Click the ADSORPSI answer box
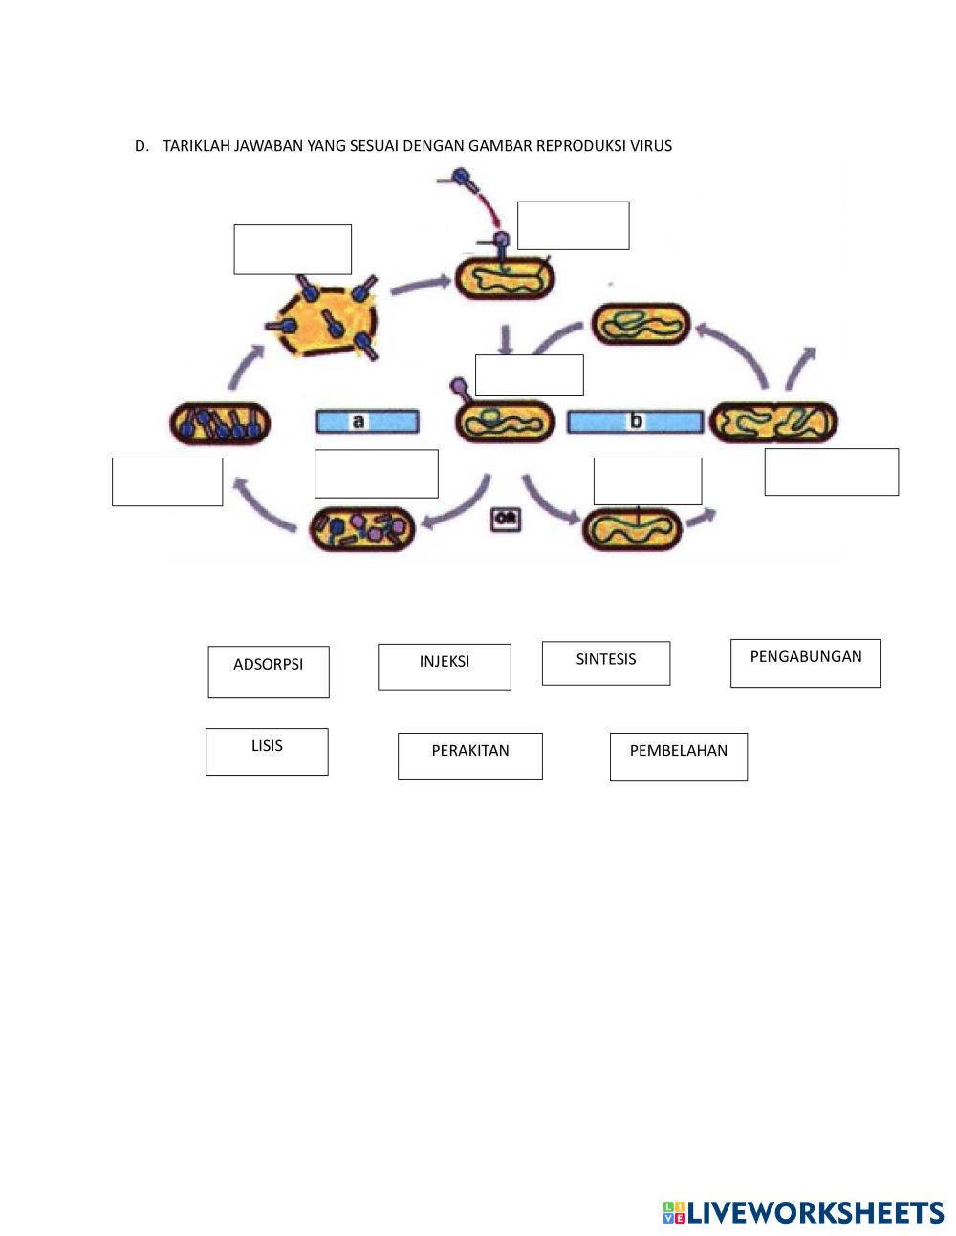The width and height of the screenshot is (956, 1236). click(x=269, y=671)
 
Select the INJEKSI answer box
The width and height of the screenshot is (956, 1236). click(x=445, y=667)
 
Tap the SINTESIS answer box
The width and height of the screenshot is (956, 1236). click(x=606, y=663)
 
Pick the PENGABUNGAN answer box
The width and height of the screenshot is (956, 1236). click(x=805, y=663)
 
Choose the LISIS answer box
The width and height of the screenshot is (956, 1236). click(x=267, y=752)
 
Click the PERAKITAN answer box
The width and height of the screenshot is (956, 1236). click(x=470, y=757)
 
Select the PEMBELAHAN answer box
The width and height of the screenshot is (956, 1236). click(x=679, y=757)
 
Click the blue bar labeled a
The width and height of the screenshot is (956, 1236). click(x=367, y=420)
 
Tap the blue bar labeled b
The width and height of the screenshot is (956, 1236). click(x=635, y=421)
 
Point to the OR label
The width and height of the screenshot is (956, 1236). click(x=506, y=520)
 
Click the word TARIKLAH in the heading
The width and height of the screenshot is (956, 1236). click(x=196, y=146)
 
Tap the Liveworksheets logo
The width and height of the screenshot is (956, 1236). click(x=803, y=1212)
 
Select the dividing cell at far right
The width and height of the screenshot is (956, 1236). click(x=773, y=421)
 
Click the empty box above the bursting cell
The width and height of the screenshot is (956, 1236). click(x=293, y=249)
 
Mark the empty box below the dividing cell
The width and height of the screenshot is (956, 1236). click(x=831, y=472)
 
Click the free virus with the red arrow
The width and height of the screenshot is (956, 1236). click(x=462, y=178)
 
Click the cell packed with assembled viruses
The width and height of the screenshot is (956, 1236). click(x=220, y=423)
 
